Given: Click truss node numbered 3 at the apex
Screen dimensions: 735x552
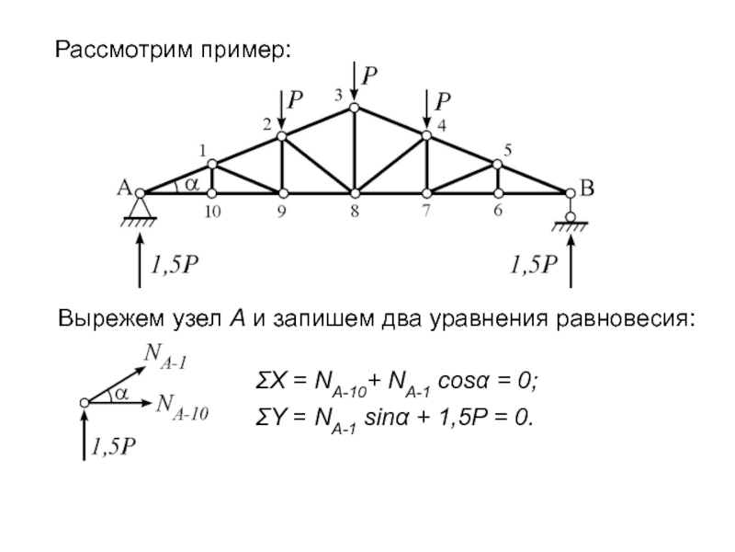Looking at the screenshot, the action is coord(354,108).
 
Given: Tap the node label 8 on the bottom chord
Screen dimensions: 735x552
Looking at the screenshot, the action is coord(354,211).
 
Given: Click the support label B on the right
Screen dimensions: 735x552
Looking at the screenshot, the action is coord(586,189).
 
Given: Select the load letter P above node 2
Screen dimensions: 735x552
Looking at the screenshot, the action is coord(297,98).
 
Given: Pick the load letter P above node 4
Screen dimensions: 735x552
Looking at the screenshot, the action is coord(443,98).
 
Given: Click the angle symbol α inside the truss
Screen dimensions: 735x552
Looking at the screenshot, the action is coord(191,183).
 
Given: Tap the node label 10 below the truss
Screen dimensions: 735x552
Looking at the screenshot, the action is coord(212,211).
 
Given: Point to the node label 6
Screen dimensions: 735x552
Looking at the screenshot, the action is coord(498,211).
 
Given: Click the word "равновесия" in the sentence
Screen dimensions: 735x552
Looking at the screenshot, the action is coord(624,320).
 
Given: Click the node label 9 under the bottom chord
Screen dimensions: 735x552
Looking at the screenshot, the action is coord(283,211).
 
